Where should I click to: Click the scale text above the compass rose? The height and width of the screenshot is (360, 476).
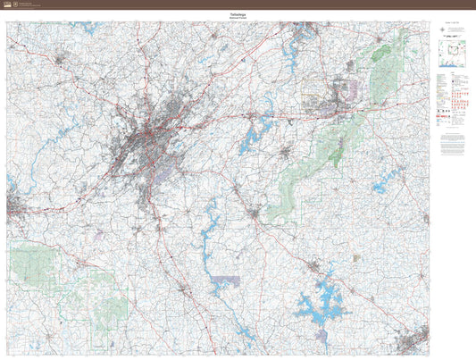point(452,27)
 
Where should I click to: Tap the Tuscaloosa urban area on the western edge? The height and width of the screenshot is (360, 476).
point(16,209)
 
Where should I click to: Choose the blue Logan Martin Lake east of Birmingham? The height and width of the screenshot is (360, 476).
point(254,134)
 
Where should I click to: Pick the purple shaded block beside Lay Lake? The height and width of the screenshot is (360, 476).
point(225,281)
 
